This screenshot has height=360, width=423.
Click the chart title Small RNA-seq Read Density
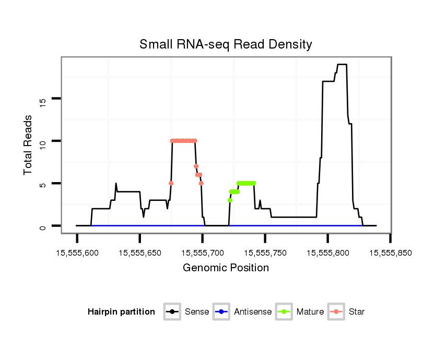[x=226, y=44]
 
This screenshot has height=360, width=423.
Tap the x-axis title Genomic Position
[x=226, y=268]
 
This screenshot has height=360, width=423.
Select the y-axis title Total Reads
[x=29, y=145]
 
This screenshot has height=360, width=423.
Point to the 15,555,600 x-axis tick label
[x=77, y=253]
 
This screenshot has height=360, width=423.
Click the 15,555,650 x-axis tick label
[x=140, y=253]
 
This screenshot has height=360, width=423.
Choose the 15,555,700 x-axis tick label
[x=203, y=253]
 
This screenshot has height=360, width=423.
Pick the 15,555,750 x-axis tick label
[x=265, y=253]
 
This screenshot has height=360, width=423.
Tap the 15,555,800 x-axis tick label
[x=328, y=253]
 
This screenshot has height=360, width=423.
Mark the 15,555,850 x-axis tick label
[x=391, y=253]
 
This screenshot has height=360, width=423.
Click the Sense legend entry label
[x=197, y=312]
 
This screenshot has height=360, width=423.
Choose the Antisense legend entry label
[x=253, y=312]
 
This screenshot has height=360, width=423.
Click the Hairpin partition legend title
[x=121, y=312]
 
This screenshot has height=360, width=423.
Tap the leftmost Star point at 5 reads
[x=171, y=183]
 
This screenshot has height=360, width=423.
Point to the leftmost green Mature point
[x=230, y=200]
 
